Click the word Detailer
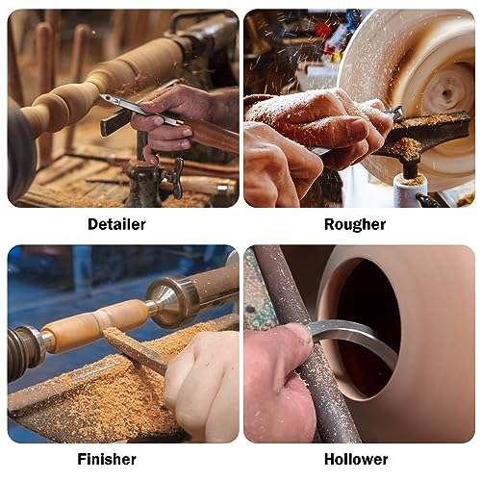115,224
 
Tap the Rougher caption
355,224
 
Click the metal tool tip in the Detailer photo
108,100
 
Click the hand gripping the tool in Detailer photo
173,115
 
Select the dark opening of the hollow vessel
370,327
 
